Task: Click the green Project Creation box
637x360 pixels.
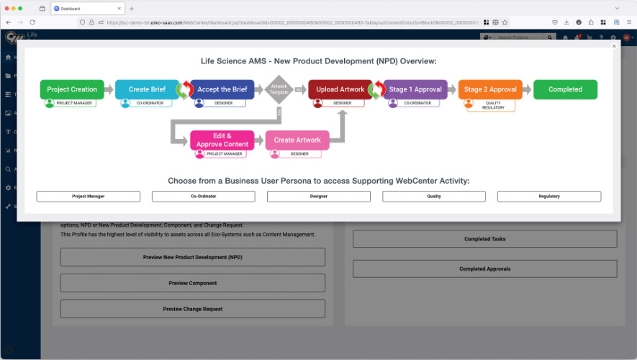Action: (72, 89)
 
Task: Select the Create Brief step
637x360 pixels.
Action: (147, 89)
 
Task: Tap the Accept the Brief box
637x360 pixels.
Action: (222, 89)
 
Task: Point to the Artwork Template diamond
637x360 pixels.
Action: (279, 90)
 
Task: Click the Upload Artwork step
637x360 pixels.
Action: (340, 89)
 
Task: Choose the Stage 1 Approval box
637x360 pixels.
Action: (415, 89)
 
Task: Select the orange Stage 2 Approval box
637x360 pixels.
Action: (490, 89)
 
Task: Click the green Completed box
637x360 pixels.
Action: (565, 89)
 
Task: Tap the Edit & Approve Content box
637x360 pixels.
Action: (222, 140)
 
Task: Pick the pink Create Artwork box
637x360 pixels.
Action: (297, 140)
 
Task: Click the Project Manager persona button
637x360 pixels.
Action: (89, 196)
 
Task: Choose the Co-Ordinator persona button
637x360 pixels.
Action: (204, 196)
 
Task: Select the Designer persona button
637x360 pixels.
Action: (319, 196)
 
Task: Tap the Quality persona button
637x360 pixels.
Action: (434, 196)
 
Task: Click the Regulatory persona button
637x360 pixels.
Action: (549, 196)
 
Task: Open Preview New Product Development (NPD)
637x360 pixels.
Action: (193, 257)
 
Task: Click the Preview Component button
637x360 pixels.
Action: (193, 283)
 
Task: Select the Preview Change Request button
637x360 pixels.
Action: (193, 309)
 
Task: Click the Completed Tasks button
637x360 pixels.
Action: (484, 239)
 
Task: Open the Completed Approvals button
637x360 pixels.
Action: (484, 269)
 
